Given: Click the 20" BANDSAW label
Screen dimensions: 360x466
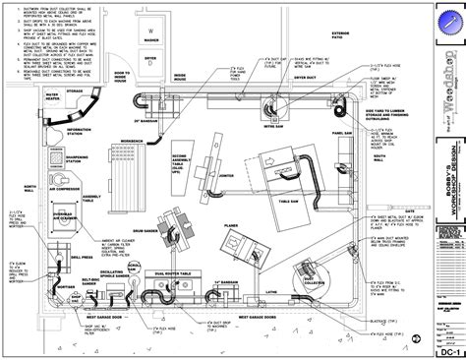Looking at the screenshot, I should [x=123, y=121].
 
